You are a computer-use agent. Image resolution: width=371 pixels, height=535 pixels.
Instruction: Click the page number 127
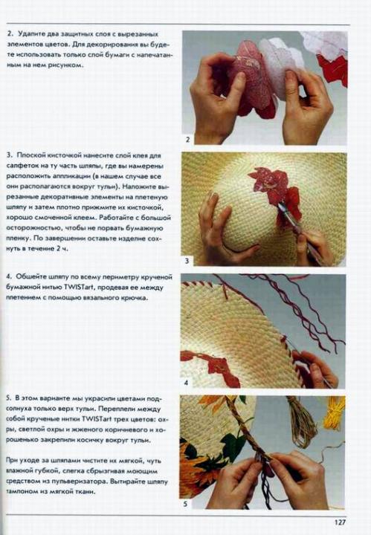click(x=340, y=522)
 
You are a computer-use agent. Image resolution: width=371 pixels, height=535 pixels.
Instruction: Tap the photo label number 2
click(x=187, y=139)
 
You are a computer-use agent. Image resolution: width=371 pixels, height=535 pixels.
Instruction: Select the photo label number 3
click(x=187, y=261)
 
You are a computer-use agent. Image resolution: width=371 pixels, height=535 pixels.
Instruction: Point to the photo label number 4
click(x=186, y=383)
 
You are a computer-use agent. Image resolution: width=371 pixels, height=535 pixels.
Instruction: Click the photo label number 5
click(x=185, y=504)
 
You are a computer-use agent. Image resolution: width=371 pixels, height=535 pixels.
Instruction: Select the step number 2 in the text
click(x=10, y=33)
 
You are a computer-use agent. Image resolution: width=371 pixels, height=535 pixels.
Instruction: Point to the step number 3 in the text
click(x=9, y=155)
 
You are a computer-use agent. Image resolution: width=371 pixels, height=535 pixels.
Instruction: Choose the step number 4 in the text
click(x=9, y=276)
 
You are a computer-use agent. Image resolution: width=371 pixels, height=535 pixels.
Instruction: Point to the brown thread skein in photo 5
click(x=300, y=423)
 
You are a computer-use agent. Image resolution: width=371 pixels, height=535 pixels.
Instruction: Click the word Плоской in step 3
click(x=29, y=155)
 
